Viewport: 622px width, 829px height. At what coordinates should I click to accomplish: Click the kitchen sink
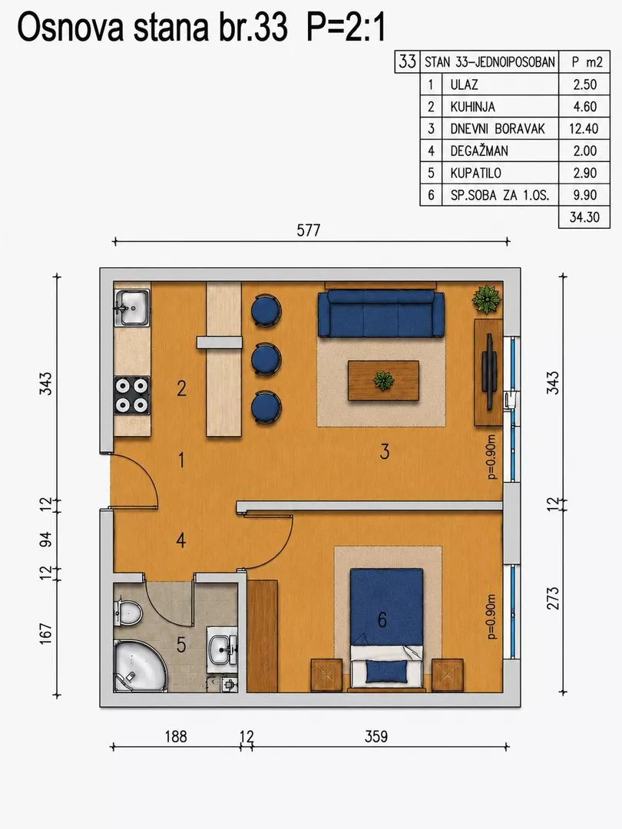pos(132,307)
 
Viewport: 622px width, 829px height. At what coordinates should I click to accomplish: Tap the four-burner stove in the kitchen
pos(132,395)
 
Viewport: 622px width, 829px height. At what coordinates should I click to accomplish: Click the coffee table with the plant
pos(383,381)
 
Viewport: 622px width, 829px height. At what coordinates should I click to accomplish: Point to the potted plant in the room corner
pos(487,299)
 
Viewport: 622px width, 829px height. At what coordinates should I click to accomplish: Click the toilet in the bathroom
pos(127,613)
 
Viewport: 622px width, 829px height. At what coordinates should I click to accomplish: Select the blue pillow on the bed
pos(386,671)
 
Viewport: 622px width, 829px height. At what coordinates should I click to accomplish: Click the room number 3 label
pos(385,451)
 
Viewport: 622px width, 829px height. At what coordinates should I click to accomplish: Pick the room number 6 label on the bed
pos(382,619)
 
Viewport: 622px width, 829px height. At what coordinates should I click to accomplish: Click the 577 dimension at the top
pos(309,230)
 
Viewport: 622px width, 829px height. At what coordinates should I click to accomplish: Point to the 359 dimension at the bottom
pos(376,736)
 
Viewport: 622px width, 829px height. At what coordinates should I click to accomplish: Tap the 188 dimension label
pos(176,736)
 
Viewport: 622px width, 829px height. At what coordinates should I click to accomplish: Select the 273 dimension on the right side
pos(553,598)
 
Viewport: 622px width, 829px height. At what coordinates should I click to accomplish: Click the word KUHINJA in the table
pos(473,107)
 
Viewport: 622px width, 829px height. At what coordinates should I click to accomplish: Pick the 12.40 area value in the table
pos(584,128)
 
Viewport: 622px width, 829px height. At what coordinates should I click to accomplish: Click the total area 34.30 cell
pos(584,217)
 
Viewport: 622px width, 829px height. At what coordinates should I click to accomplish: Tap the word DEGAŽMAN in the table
pos(479,150)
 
